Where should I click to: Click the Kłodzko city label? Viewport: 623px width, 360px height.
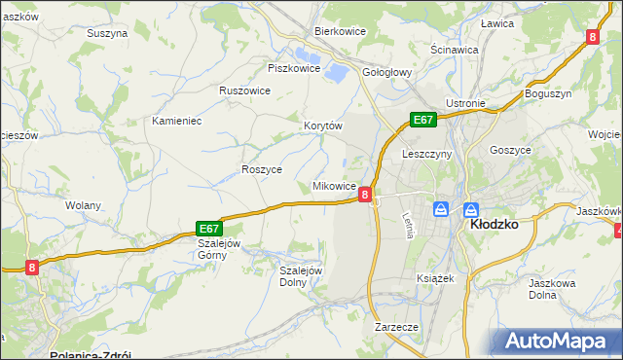494,223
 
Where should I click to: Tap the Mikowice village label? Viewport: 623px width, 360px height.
333,186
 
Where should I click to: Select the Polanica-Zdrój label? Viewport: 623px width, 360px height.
90,355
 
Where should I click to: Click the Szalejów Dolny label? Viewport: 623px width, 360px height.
301,276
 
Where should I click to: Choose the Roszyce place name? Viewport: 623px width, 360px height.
262,169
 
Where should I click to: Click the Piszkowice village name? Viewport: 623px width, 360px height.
294,68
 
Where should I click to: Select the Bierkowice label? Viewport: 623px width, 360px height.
340,31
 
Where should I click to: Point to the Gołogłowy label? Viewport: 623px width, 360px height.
389,71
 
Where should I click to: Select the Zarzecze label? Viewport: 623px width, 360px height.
396,328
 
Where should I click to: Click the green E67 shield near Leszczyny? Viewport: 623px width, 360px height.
421,120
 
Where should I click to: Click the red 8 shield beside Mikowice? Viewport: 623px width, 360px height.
364,195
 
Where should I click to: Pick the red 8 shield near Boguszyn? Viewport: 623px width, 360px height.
592,36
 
